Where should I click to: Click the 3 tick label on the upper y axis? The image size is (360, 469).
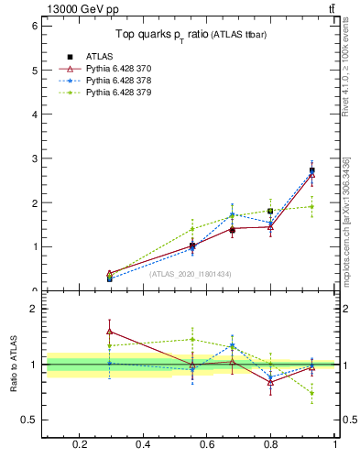[x=33, y=158]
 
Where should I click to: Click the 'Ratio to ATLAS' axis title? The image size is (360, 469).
[x=14, y=365]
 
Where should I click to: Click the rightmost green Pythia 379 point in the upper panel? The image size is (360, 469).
[x=311, y=206]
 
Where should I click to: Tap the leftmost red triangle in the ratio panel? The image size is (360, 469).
[x=110, y=332]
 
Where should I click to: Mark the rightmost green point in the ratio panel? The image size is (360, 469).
[x=311, y=393]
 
